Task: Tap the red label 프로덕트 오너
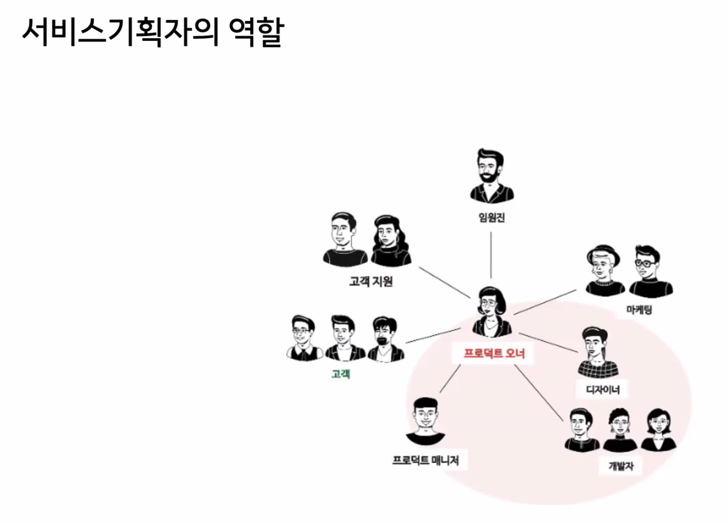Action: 494,353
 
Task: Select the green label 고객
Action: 341,374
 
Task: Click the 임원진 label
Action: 491,217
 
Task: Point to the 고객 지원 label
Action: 371,281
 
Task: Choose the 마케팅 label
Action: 639,310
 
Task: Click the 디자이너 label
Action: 603,390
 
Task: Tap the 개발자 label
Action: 621,466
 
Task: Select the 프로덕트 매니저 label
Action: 425,460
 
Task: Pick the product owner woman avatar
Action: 491,312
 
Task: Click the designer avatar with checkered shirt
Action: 597,352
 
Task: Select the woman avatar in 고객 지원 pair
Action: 390,241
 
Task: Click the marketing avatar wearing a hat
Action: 604,271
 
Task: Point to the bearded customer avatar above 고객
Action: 385,339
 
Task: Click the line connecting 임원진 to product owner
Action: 491,254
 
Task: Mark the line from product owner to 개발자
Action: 538,393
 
